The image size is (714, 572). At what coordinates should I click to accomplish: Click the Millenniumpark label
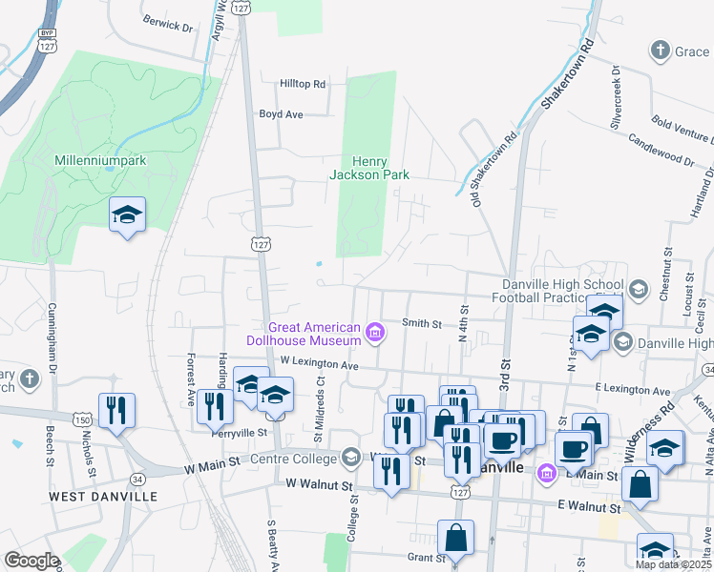(x=100, y=160)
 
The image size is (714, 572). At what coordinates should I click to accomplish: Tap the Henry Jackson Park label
(x=369, y=168)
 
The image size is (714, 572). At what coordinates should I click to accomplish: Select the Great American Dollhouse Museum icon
(x=376, y=333)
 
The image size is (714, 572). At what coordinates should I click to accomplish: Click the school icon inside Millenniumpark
(x=126, y=215)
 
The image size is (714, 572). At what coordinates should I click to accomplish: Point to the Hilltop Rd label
(x=303, y=84)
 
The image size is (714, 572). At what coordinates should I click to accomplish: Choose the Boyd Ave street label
(x=281, y=114)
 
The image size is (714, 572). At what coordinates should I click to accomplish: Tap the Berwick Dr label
(x=167, y=23)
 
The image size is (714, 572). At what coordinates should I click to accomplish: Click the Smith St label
(x=422, y=324)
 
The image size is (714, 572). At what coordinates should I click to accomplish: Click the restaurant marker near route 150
(x=117, y=411)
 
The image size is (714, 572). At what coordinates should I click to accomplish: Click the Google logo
(x=31, y=561)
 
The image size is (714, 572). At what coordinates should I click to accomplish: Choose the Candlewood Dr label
(x=660, y=148)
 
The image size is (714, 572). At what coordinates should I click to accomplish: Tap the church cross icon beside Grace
(x=659, y=51)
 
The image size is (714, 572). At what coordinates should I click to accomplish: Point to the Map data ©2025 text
(x=672, y=564)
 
